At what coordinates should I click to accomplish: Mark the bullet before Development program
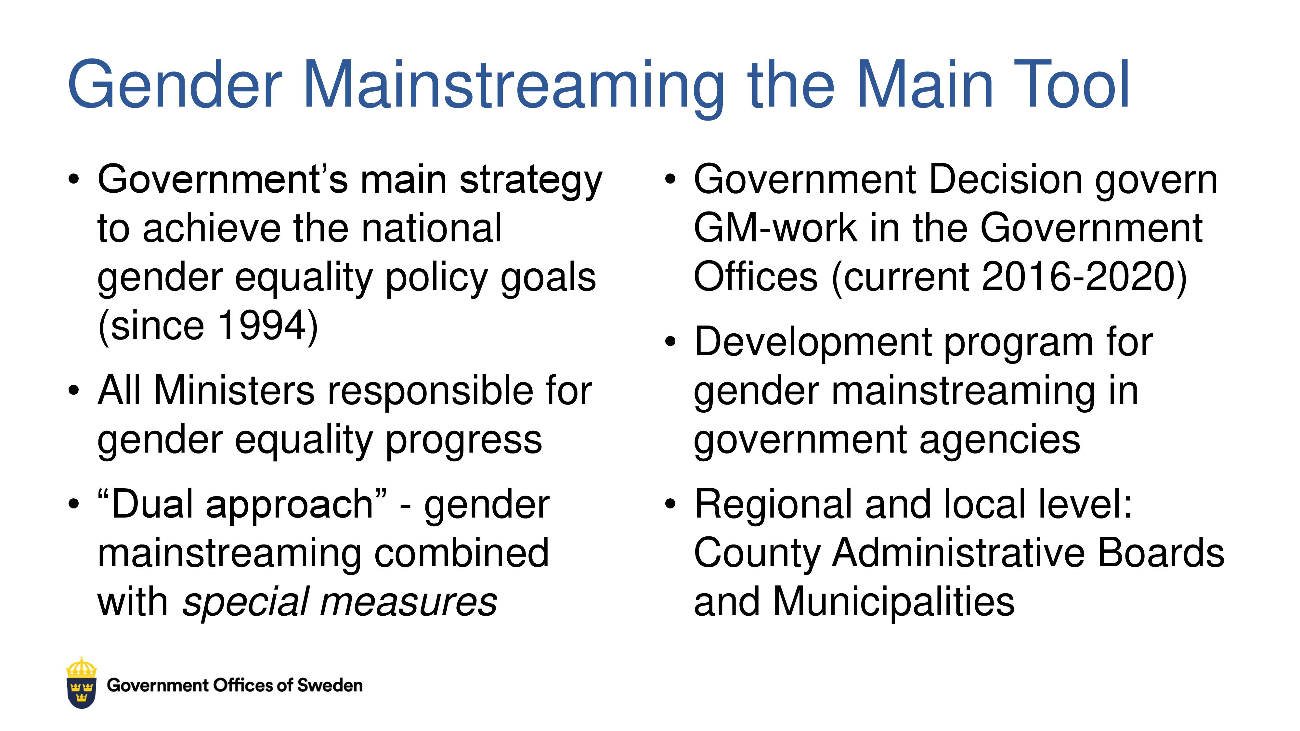(x=670, y=342)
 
